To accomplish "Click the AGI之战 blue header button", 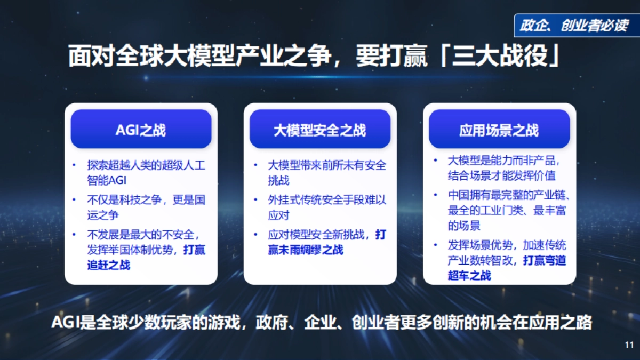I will [x=141, y=130].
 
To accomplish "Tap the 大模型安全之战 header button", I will [x=320, y=130].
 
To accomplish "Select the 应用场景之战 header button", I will [x=499, y=130].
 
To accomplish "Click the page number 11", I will [x=629, y=345].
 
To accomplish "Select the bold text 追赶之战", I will [x=109, y=265].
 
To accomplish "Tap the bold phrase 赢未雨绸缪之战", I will [x=306, y=250].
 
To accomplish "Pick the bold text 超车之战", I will [x=469, y=276].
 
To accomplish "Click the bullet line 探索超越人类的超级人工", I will [x=146, y=165].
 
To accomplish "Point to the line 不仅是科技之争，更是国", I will [x=146, y=200].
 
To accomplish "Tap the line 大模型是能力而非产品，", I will [x=504, y=161].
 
